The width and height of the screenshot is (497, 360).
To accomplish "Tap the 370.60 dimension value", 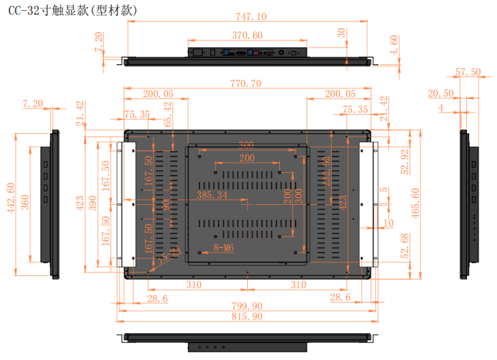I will click(x=246, y=35).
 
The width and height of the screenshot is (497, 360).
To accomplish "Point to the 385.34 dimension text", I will click(x=212, y=195).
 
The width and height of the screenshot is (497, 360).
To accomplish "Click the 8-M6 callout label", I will click(x=224, y=249).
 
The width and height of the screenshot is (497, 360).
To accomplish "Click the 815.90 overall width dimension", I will click(x=246, y=316).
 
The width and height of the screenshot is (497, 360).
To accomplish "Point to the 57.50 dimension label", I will click(x=468, y=72).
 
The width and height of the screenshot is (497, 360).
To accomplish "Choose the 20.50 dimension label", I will click(x=440, y=94).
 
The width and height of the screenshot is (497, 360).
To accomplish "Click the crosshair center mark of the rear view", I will click(x=247, y=204).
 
